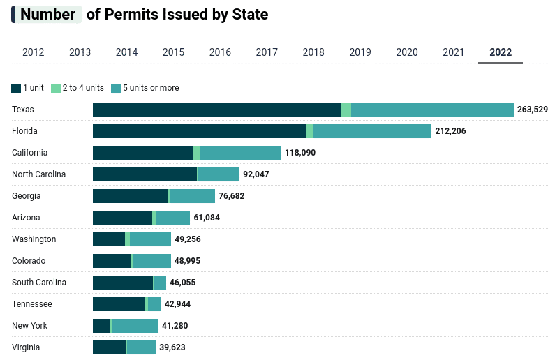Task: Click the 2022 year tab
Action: point(501,52)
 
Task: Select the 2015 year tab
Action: point(173,52)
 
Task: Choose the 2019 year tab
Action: point(360,52)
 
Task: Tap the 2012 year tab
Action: point(34,52)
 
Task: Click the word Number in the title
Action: point(47,15)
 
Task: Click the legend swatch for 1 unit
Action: point(16,89)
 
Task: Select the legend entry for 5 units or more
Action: point(150,88)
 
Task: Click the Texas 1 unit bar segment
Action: point(216,110)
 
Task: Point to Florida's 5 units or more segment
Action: point(372,131)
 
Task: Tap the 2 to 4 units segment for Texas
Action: point(346,110)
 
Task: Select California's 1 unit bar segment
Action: point(143,153)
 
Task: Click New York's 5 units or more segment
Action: point(135,326)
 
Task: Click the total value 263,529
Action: point(532,110)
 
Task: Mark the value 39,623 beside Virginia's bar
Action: point(172,347)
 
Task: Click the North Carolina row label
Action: point(38,174)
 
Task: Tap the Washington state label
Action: point(34,239)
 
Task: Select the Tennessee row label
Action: point(32,304)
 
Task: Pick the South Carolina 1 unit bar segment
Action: point(123,283)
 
